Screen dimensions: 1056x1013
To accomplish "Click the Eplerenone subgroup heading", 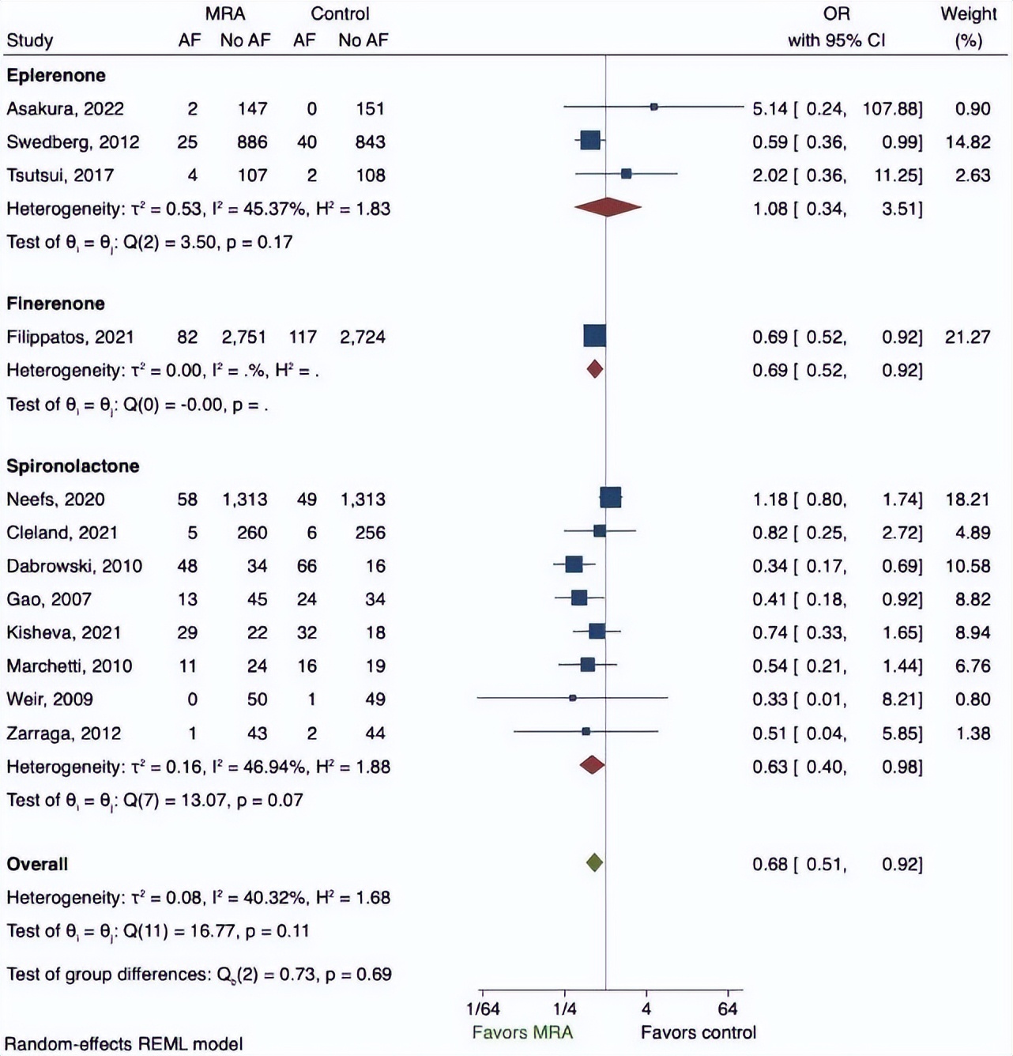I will click(56, 76).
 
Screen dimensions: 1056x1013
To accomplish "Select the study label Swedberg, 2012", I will click(73, 142).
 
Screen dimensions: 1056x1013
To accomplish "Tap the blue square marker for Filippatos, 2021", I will click(594, 336).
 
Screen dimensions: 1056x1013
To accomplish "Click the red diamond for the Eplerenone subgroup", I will click(607, 207).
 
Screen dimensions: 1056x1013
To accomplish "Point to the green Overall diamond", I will click(594, 863).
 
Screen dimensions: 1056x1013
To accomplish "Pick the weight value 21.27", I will click(967, 338).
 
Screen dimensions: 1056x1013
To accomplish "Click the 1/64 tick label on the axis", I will click(482, 1009).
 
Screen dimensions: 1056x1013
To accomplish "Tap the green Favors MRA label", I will click(522, 1032).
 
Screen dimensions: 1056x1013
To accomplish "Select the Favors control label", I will click(698, 1032).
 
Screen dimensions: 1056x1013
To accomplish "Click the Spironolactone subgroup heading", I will click(73, 466).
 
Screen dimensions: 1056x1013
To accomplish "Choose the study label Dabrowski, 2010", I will click(74, 566).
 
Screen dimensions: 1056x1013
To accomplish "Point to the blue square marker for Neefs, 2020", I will click(610, 498).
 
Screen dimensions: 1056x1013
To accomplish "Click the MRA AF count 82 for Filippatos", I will click(187, 338).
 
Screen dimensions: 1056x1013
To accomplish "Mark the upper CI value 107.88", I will click(892, 109).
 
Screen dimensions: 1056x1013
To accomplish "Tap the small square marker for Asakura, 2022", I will click(653, 107).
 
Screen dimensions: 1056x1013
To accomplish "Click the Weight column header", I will click(968, 14).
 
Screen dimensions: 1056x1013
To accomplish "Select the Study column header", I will click(30, 40).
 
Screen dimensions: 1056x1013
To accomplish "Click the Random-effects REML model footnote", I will click(123, 1044).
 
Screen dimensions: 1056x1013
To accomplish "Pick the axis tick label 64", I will click(728, 1009).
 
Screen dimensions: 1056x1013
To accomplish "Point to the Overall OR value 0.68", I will click(770, 865).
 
